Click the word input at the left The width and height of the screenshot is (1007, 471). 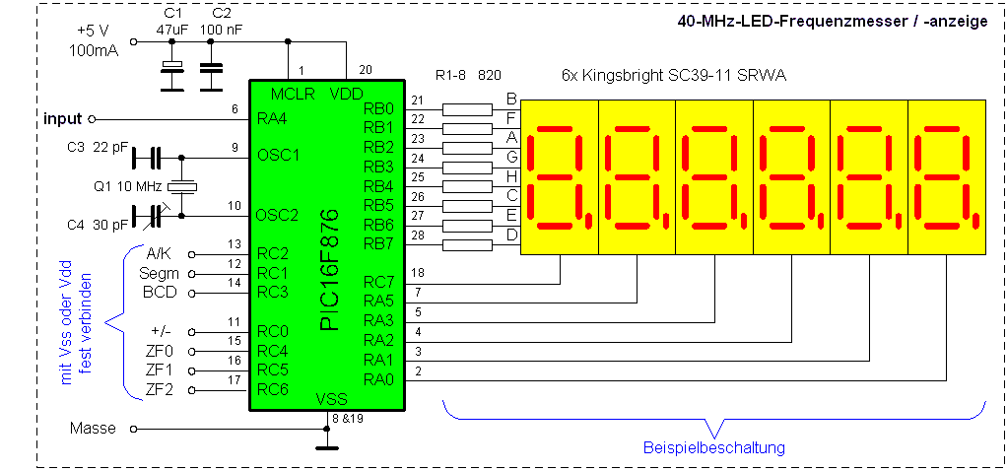(64, 118)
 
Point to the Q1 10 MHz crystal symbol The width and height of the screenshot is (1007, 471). (182, 186)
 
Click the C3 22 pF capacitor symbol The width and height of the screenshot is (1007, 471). (147, 157)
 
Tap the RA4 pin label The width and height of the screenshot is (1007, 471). (273, 118)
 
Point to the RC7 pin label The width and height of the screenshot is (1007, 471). (380, 282)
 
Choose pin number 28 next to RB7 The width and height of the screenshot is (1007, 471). (417, 235)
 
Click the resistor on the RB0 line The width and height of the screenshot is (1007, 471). (468, 108)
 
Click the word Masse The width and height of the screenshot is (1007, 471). (93, 429)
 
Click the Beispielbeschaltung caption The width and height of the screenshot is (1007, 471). (714, 447)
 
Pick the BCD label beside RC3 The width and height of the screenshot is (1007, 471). (160, 293)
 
